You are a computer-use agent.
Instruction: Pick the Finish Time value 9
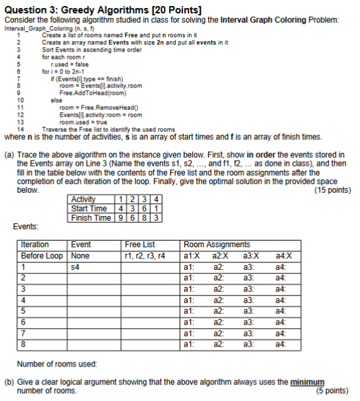[x=121, y=217]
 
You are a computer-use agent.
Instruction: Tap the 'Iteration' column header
[x=36, y=245]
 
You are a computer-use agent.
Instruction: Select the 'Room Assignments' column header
[x=217, y=245]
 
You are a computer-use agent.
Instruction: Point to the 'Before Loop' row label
[x=42, y=256]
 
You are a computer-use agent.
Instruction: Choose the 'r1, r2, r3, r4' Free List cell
[x=144, y=256]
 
